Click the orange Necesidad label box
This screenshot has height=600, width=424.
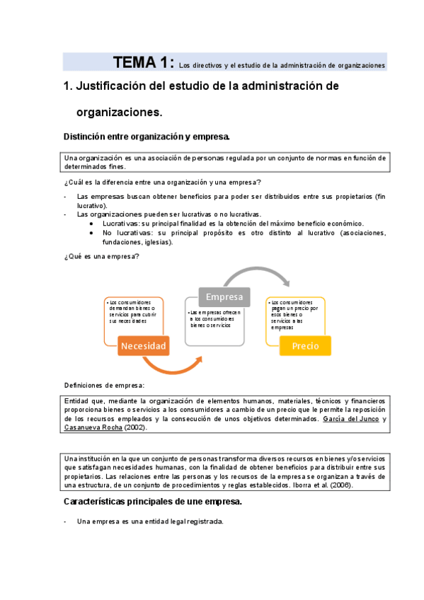click(143, 346)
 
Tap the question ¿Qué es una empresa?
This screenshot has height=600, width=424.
click(101, 256)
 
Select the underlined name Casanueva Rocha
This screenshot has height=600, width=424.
click(93, 428)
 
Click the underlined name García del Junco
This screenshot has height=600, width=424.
click(350, 419)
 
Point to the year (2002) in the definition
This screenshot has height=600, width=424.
click(137, 428)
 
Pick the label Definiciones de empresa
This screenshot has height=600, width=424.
click(103, 386)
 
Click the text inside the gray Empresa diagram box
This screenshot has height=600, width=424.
click(215, 318)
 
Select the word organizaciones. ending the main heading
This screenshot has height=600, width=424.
click(119, 112)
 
